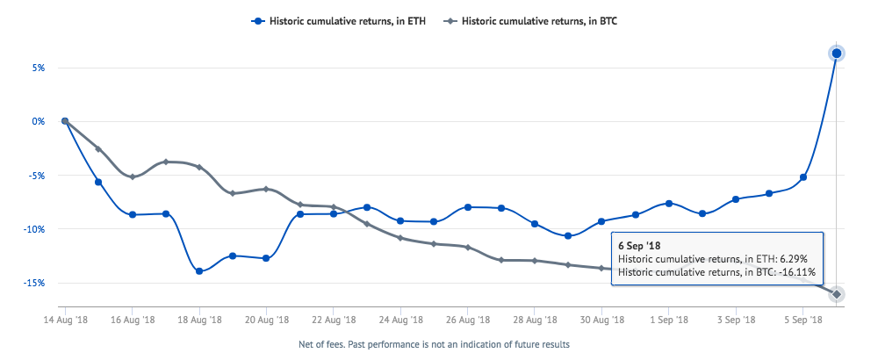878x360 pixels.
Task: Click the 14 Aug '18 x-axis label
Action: point(65,322)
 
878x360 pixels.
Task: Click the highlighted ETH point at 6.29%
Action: point(837,54)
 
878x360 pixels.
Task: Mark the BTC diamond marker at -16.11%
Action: point(837,294)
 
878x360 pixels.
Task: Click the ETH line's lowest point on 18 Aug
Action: point(199,271)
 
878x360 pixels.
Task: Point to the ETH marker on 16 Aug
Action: point(133,214)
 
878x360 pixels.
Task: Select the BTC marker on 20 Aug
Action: point(266,189)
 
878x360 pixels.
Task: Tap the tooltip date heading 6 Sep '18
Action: point(639,245)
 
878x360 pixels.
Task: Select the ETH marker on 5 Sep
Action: point(803,177)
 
